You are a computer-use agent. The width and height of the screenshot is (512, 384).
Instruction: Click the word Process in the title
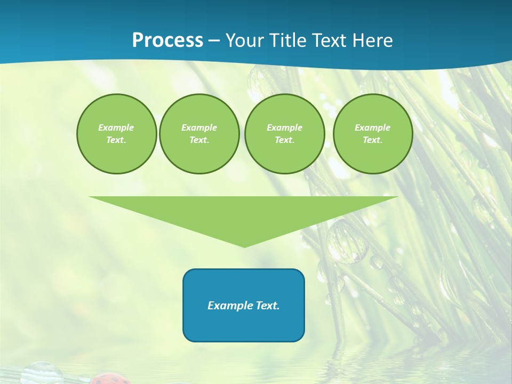pos(167,41)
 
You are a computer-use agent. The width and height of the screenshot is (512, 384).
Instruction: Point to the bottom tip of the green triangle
pos(244,247)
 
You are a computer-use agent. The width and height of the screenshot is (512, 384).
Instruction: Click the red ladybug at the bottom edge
pos(110,379)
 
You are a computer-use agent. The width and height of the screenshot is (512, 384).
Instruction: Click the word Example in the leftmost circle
pos(116,127)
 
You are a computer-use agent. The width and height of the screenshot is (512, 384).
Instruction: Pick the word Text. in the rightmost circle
pos(373,140)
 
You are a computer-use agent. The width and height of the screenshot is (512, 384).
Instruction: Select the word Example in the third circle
pos(284,127)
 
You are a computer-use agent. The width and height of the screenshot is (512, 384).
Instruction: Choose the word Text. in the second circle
pos(199,140)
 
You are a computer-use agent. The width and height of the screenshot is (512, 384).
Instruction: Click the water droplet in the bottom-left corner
pos(42,373)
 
